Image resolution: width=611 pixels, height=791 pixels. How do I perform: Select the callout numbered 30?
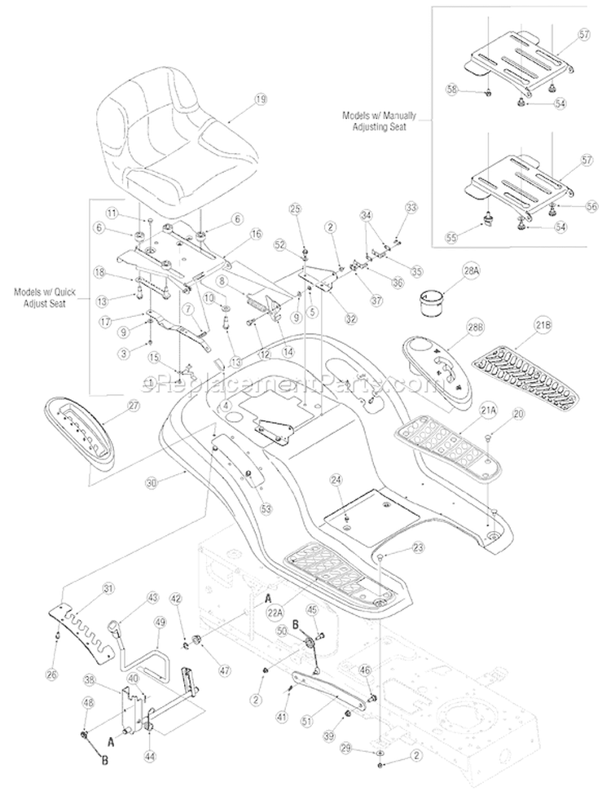(x=150, y=481)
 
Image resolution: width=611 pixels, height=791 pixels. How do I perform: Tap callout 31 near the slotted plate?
(x=108, y=588)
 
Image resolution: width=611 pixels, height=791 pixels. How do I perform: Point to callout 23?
(x=417, y=548)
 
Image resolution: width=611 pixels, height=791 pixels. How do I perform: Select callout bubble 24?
(x=336, y=480)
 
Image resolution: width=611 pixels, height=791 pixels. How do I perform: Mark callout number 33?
(x=410, y=209)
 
